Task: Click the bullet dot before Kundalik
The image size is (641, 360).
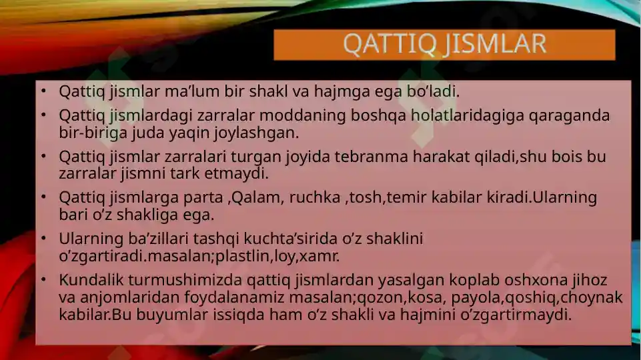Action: coord(42,280)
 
